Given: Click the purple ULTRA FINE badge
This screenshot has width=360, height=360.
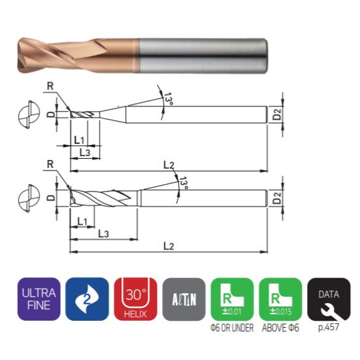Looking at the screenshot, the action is click(39, 299).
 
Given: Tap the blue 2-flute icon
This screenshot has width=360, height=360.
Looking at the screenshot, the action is click(87, 299).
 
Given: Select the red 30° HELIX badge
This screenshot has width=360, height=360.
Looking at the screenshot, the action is click(135, 299).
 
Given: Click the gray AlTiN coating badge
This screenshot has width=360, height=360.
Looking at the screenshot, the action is click(184, 299).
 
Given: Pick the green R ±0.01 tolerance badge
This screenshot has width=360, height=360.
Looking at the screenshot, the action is click(232, 299).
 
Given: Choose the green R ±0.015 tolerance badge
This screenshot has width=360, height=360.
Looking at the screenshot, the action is click(280, 299).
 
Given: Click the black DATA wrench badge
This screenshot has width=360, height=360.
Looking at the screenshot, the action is click(329, 299).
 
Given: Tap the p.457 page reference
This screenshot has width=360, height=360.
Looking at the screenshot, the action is click(329, 327).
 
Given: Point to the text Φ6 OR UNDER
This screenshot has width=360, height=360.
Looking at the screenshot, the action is click(232, 327).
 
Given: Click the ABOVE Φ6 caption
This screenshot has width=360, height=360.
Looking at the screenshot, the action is click(280, 327).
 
